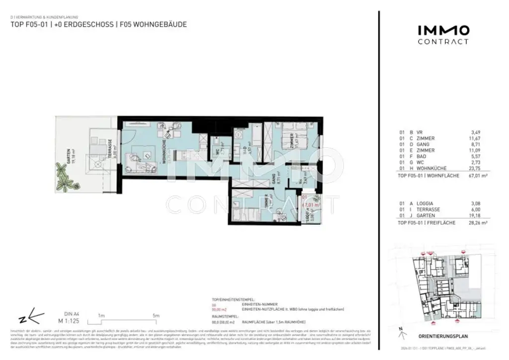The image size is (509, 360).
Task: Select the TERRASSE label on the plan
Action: [110, 147]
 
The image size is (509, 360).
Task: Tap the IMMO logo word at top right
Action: [442, 30]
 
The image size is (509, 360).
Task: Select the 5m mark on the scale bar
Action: [156, 316]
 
